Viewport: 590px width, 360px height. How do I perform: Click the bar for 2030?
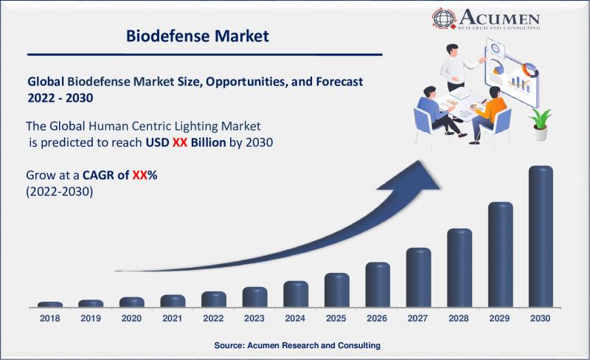pos(541,237)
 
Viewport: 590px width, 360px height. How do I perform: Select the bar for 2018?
pos(50,304)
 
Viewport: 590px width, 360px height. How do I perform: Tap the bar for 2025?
pos(337,290)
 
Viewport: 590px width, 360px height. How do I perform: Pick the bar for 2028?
pos(459,268)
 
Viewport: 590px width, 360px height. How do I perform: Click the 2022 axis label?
pos(213,319)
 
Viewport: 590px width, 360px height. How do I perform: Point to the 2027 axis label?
pos(417,319)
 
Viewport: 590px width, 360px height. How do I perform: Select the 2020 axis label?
pos(132,319)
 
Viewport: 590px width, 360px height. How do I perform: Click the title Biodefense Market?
pos(197,36)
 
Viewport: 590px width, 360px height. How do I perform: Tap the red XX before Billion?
pos(180,142)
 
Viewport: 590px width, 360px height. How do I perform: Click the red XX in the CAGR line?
pos(139,175)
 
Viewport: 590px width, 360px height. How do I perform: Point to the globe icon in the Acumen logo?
pos(445,18)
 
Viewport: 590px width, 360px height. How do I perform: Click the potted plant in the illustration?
pos(540,124)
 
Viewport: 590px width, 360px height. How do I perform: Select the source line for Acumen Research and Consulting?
pos(297,345)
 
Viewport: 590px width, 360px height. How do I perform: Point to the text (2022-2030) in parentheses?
pos(60,192)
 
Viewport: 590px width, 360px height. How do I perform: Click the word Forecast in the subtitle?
pos(339,82)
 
